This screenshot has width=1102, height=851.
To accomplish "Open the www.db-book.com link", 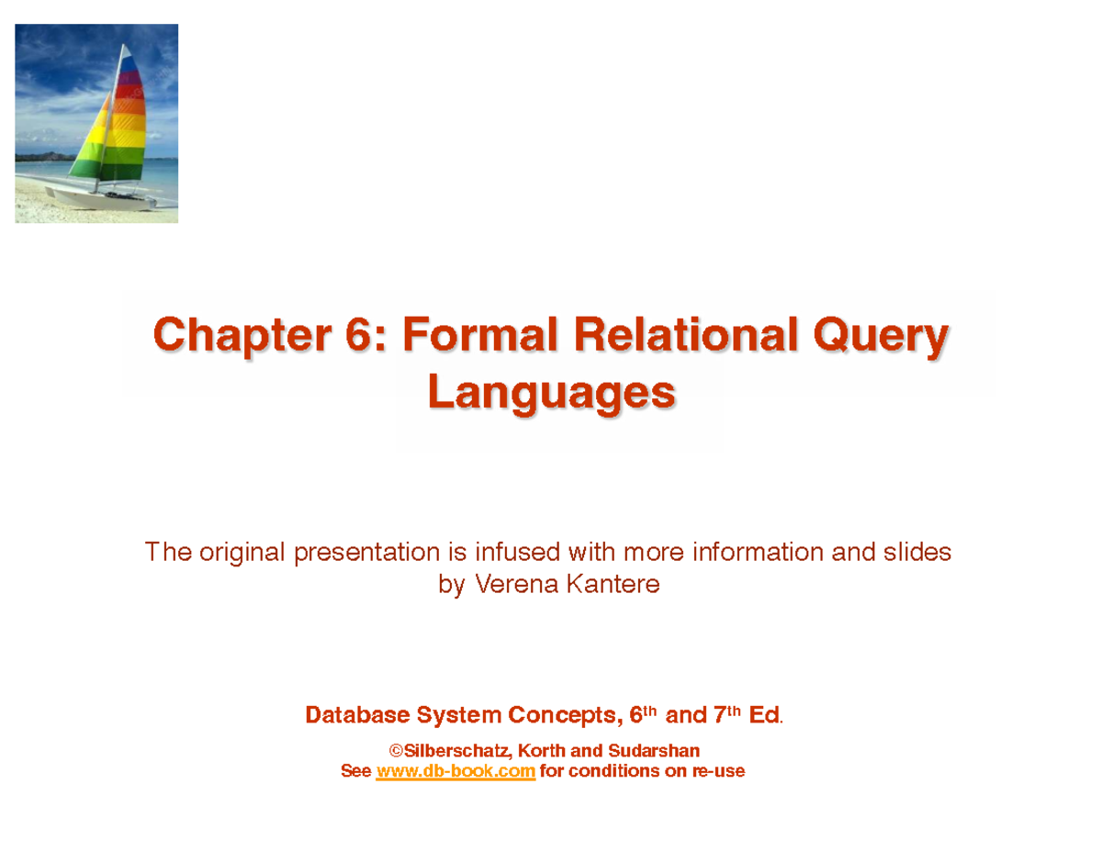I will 455,772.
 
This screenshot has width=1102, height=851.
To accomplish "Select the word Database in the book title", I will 356,715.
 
